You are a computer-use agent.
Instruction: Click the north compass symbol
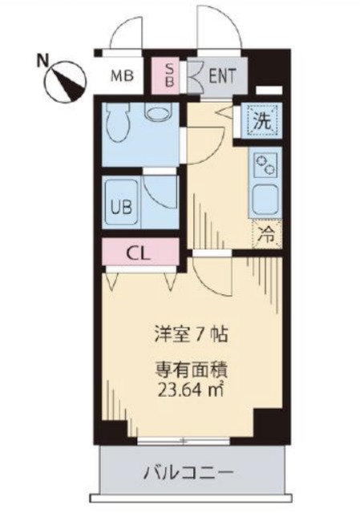67,80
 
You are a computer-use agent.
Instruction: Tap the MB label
122,77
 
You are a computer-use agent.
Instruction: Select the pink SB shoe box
169,75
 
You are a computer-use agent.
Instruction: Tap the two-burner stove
262,164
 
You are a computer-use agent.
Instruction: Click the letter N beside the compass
42,59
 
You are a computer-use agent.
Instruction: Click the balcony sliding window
184,440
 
